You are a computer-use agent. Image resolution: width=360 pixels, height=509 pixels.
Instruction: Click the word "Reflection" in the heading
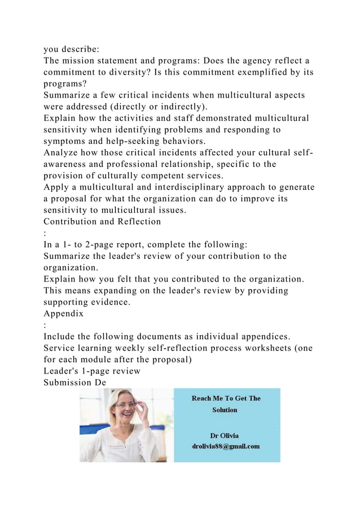pyautogui.click(x=134, y=222)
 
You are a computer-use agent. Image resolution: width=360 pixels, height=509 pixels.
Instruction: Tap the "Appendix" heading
pyautogui.click(x=63, y=313)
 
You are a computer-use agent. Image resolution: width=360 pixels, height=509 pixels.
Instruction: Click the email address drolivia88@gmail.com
pyautogui.click(x=226, y=446)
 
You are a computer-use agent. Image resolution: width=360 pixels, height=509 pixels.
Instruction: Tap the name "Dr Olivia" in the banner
pyautogui.click(x=224, y=436)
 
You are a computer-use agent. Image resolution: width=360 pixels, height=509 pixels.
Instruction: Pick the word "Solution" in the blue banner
pyautogui.click(x=225, y=410)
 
